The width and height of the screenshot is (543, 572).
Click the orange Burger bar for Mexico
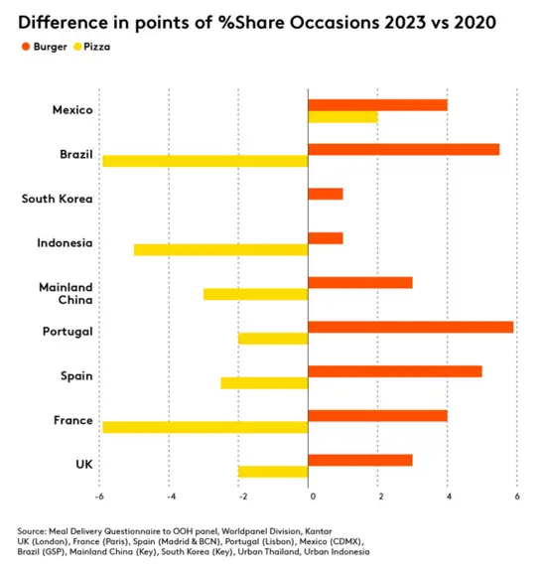[x=377, y=105]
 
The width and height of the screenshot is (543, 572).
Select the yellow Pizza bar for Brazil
[x=205, y=161]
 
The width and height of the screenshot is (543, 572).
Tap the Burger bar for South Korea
[x=326, y=194]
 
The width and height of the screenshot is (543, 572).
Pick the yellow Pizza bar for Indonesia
[x=221, y=250]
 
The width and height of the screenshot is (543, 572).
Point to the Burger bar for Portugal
[x=411, y=328]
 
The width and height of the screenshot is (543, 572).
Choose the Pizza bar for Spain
[x=264, y=383]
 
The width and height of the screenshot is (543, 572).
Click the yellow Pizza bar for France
[x=205, y=427]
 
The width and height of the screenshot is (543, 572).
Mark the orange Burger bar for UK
[x=360, y=461]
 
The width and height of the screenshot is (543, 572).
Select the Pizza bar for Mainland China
[x=256, y=294]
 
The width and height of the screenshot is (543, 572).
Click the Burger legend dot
[x=26, y=47]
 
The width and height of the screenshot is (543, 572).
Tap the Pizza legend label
[x=97, y=47]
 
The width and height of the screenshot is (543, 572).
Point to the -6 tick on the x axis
[x=99, y=497]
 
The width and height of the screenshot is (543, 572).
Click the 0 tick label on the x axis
[x=313, y=497]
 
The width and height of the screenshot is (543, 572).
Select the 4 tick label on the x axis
[x=449, y=497]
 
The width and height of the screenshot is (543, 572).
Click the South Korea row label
[x=57, y=199]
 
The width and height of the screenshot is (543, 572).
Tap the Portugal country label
[x=68, y=332]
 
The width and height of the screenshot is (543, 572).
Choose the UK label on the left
[x=84, y=465]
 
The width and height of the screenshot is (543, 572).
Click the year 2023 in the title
[x=405, y=23]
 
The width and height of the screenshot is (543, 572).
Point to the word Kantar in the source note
[x=319, y=531]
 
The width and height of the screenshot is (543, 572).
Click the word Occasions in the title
[x=335, y=23]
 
